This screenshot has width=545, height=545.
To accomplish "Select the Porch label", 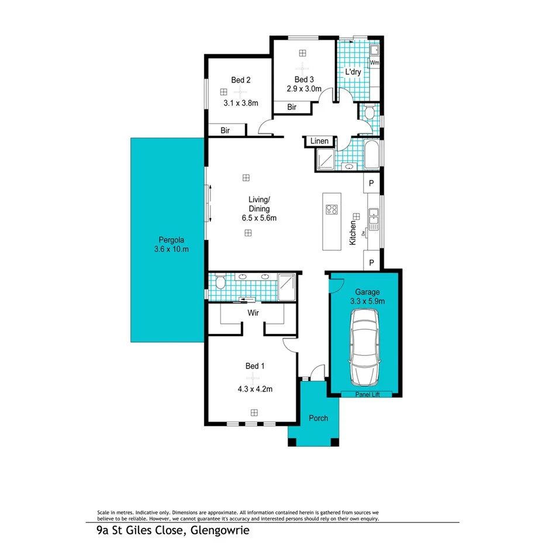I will pos(319,418).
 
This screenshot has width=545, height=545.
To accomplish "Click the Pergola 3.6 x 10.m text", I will pos(171,244).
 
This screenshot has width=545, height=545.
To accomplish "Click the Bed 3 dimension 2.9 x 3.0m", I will pos(304,89).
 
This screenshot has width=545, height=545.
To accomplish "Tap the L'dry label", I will pos(353,72).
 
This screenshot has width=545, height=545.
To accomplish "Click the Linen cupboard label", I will pos(319,142).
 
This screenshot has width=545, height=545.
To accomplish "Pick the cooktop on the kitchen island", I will pos(332,209).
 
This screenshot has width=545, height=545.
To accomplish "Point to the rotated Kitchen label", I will pos(353,232).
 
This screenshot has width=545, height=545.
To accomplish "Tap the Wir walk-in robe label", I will pos(253,313).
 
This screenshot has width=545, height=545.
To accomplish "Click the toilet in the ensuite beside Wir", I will pos(219,283).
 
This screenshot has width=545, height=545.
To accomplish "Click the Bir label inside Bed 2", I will pos(225,131).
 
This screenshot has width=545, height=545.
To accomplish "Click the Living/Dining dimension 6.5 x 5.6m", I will pos(259,218).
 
